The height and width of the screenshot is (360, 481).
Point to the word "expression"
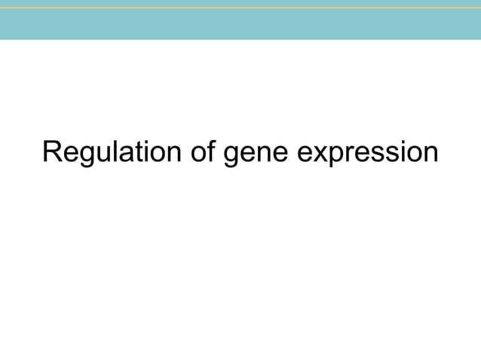[x=367, y=155]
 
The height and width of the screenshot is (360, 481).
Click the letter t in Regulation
[x=129, y=153]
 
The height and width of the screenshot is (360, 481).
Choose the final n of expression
[x=430, y=154]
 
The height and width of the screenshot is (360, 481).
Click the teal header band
[x=240, y=24]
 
